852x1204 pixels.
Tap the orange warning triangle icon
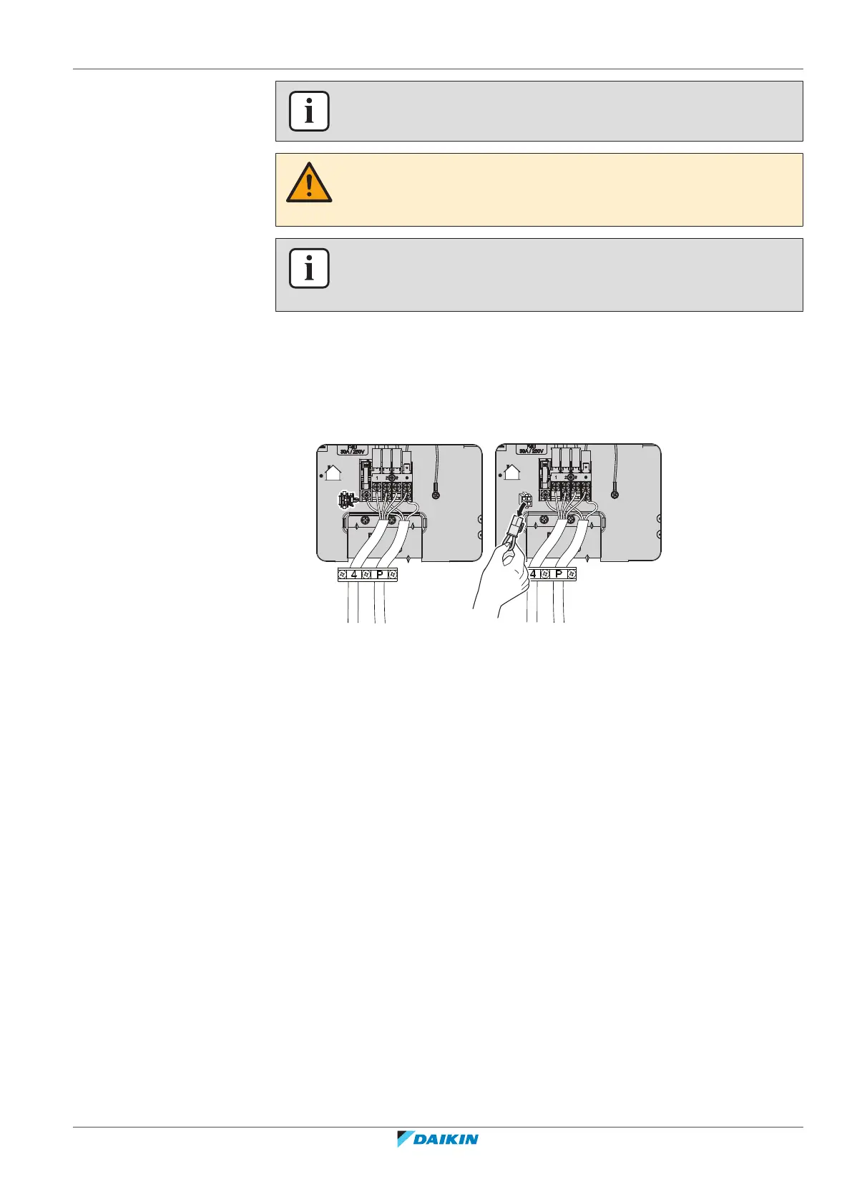tap(309, 184)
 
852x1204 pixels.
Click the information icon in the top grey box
tap(309, 112)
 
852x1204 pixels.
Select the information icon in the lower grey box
tap(309, 268)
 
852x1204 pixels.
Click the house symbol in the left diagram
tap(333, 473)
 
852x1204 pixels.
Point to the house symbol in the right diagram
tap(511, 473)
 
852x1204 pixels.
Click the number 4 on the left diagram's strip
tap(354, 574)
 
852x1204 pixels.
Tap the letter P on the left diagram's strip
tap(379, 574)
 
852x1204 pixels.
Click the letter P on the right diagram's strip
tap(558, 574)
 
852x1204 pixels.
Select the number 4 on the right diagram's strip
tap(534, 574)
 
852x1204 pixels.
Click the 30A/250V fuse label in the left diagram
tap(352, 450)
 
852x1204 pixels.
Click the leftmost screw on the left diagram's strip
tap(343, 574)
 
